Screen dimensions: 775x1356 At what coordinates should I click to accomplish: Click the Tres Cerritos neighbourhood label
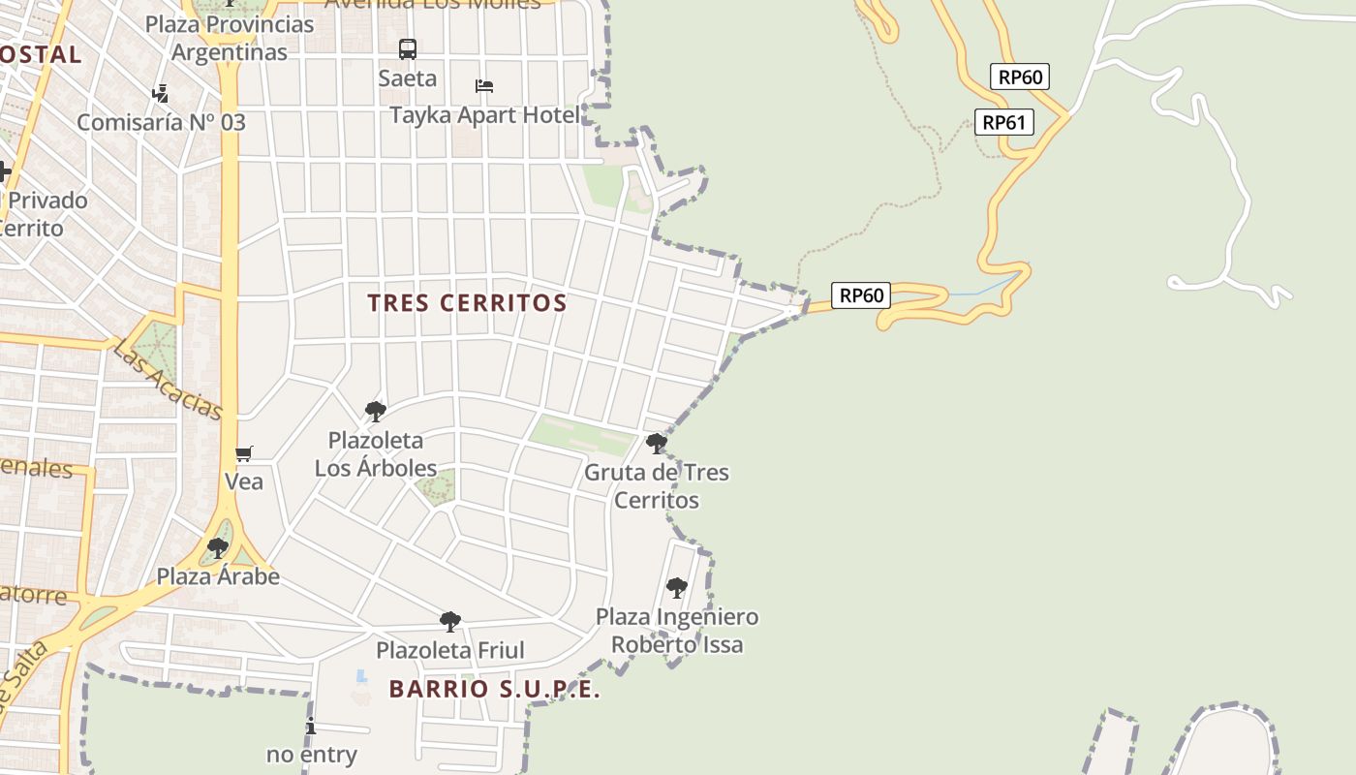(x=467, y=303)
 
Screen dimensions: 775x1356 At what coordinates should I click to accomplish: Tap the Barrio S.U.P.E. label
(x=495, y=690)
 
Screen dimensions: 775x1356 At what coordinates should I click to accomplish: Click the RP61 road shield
(x=1006, y=122)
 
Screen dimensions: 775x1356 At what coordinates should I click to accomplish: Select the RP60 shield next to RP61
(x=1020, y=77)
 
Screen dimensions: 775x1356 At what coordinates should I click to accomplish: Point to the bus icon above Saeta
(x=408, y=48)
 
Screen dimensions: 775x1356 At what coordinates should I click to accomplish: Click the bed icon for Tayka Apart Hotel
(x=484, y=86)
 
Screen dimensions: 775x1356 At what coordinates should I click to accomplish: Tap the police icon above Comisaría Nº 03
(x=161, y=94)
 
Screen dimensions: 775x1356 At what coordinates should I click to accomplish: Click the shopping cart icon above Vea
(x=244, y=453)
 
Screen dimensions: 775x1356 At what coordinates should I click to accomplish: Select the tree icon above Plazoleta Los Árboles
(x=376, y=412)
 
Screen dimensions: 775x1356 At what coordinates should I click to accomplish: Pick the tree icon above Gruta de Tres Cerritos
(x=657, y=444)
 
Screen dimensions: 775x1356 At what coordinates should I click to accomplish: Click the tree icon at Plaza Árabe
(x=218, y=548)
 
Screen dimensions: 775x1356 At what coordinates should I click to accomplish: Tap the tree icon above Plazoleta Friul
(x=450, y=621)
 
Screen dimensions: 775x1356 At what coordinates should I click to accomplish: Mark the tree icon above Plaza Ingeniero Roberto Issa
(x=677, y=587)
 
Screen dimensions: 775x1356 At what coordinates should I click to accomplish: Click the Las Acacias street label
(x=168, y=379)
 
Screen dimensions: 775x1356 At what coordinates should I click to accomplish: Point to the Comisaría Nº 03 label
(x=161, y=123)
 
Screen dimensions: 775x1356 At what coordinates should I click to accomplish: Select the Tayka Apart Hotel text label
(x=484, y=115)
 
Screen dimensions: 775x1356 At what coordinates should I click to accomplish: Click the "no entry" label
(x=312, y=754)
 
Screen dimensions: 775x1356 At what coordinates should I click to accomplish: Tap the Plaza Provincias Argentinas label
(x=230, y=38)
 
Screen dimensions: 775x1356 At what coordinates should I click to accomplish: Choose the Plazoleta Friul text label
(x=450, y=650)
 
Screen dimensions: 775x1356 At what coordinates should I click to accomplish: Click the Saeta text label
(x=408, y=78)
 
